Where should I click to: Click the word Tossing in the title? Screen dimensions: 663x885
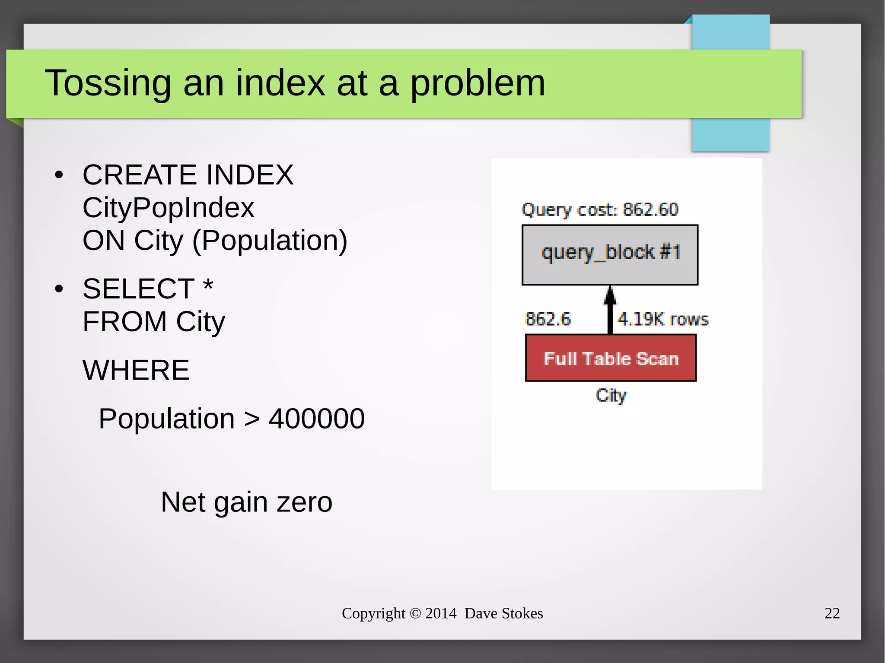pyautogui.click(x=108, y=83)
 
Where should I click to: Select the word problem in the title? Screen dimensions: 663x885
pyautogui.click(x=477, y=83)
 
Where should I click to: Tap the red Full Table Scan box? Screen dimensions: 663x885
pyautogui.click(x=611, y=358)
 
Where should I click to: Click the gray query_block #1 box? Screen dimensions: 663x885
pyautogui.click(x=610, y=254)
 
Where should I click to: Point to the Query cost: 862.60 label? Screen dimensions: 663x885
pyautogui.click(x=600, y=210)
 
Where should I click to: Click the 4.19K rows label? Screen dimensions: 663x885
pyautogui.click(x=663, y=319)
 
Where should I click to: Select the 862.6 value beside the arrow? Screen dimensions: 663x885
pyautogui.click(x=548, y=319)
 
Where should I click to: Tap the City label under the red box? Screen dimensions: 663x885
pyautogui.click(x=611, y=395)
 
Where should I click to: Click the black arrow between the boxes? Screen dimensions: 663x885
pyautogui.click(x=610, y=310)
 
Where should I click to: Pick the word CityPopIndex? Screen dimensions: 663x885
pyautogui.click(x=168, y=208)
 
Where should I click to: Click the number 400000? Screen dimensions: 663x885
pyautogui.click(x=316, y=419)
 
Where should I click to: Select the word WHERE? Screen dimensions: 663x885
pyautogui.click(x=136, y=370)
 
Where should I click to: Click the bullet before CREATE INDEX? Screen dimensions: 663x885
pyautogui.click(x=59, y=175)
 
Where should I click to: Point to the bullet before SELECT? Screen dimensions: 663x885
pyautogui.click(x=59, y=289)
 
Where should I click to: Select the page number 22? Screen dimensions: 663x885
pyautogui.click(x=832, y=613)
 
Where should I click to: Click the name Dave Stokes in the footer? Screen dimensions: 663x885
pyautogui.click(x=503, y=613)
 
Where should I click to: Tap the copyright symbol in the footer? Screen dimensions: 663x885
pyautogui.click(x=415, y=613)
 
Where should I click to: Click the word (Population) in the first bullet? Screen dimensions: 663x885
pyautogui.click(x=270, y=241)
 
